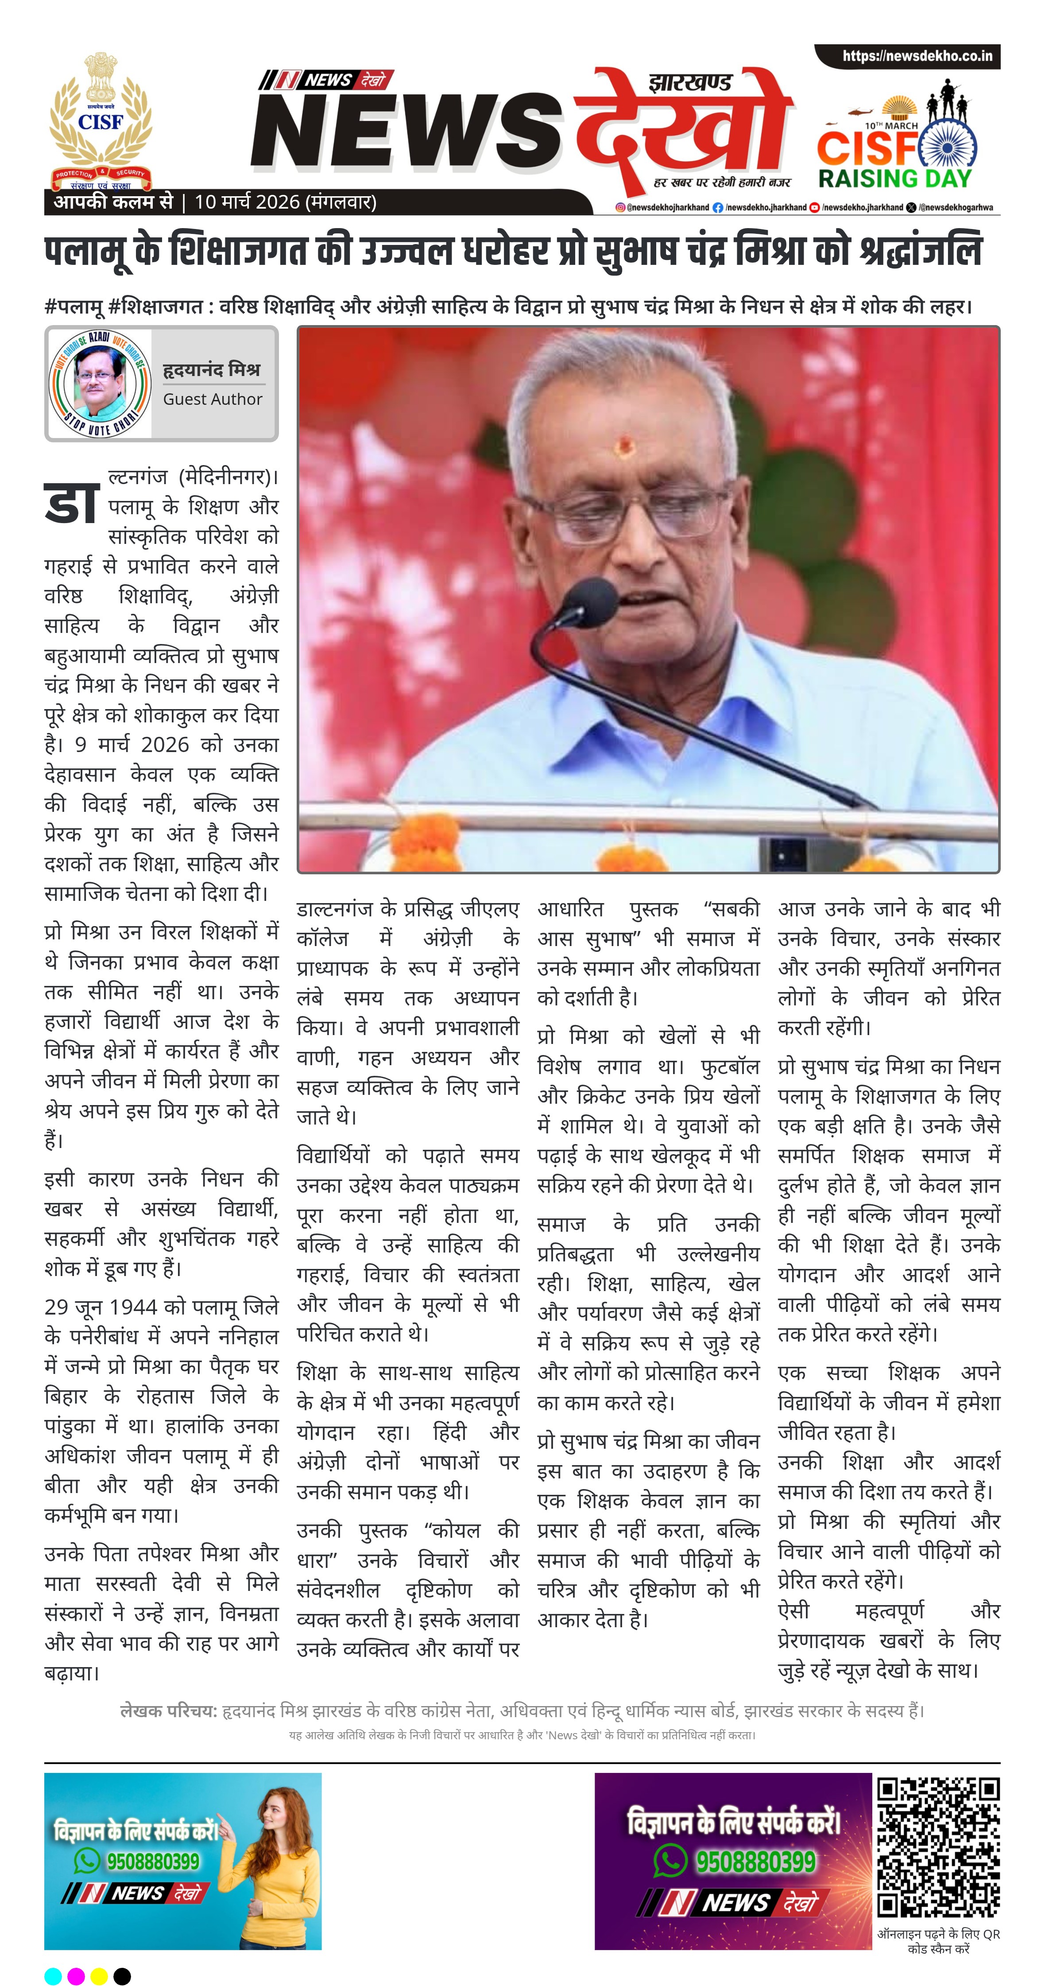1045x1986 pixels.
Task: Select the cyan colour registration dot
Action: tap(52, 1976)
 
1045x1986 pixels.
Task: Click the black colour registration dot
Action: tap(122, 1976)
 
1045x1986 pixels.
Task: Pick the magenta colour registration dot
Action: tap(76, 1976)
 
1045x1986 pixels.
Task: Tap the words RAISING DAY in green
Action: tap(895, 179)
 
